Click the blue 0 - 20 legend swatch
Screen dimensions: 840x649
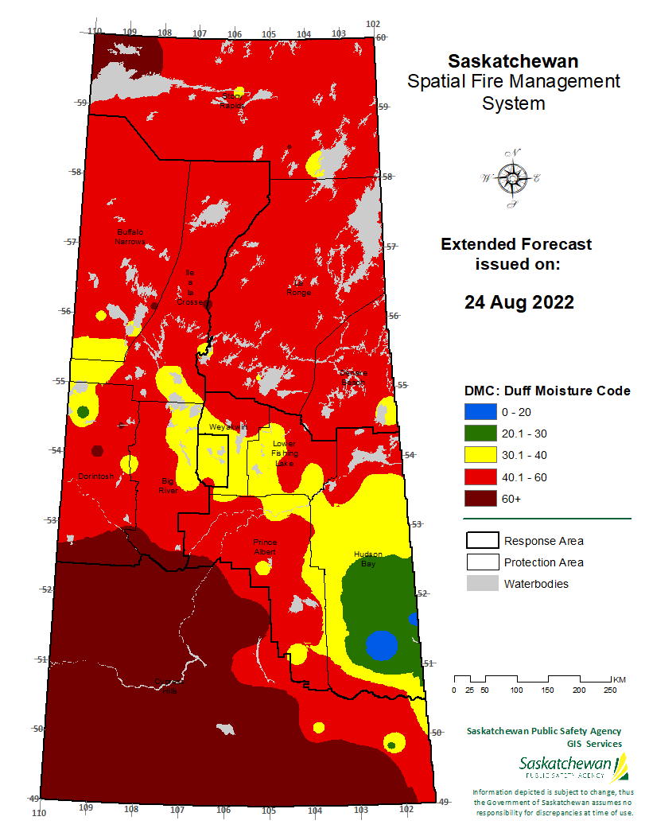pyautogui.click(x=480, y=412)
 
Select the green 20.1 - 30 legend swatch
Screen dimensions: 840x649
pyautogui.click(x=480, y=434)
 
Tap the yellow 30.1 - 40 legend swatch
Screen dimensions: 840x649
pyautogui.click(x=480, y=455)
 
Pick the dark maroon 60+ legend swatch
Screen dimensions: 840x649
pyautogui.click(x=480, y=498)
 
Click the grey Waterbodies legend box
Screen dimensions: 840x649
pyautogui.click(x=481, y=584)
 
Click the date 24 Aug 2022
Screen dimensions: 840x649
pyautogui.click(x=519, y=302)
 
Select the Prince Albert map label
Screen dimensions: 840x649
pyautogui.click(x=265, y=546)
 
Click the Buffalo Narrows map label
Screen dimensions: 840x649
pyautogui.click(x=130, y=236)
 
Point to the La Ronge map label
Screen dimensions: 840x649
pyautogui.click(x=300, y=288)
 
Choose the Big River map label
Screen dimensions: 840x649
pyautogui.click(x=168, y=486)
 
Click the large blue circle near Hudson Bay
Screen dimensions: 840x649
pyautogui.click(x=381, y=645)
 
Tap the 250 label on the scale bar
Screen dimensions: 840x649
pyautogui.click(x=609, y=690)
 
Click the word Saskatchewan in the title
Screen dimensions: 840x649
pyautogui.click(x=513, y=61)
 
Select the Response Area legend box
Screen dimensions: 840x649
pyautogui.click(x=481, y=541)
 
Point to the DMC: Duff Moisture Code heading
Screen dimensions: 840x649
pyautogui.click(x=547, y=391)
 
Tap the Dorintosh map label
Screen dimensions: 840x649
pyautogui.click(x=97, y=476)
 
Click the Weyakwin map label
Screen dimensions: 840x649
pyautogui.click(x=228, y=428)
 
